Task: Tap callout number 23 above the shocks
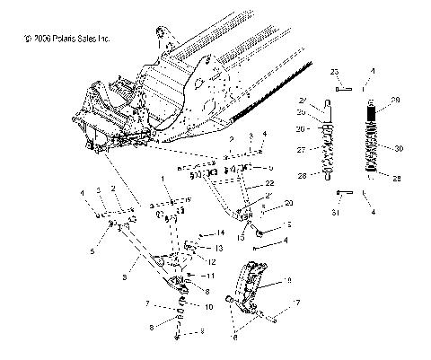click(334, 70)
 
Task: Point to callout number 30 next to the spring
click(400, 147)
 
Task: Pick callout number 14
click(221, 233)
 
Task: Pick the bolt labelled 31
click(342, 193)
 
